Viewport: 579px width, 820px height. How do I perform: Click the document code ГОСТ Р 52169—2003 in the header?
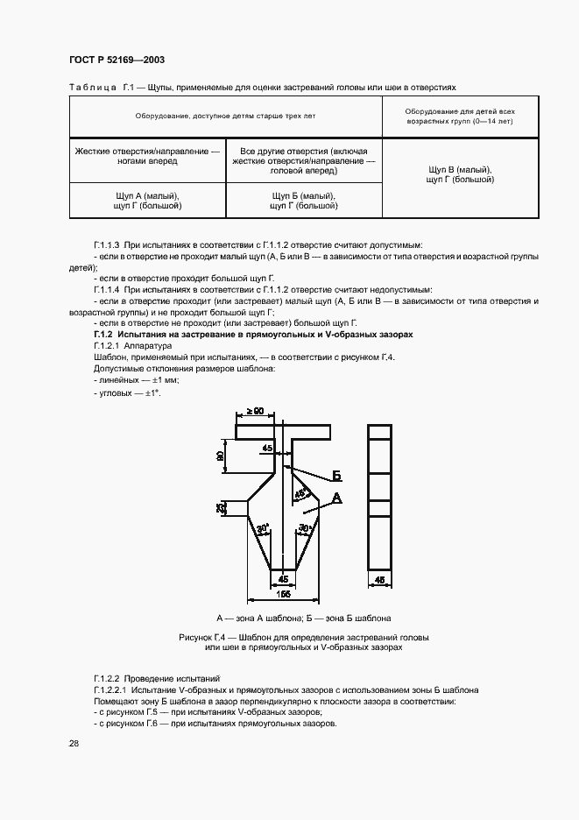(117, 60)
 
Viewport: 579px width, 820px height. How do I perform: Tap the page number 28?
(74, 743)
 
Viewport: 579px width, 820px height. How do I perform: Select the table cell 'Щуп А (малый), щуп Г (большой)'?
(147, 201)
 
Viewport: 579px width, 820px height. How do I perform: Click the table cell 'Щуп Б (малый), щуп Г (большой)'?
(304, 201)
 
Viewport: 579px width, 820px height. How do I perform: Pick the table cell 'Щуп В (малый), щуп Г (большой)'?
(460, 173)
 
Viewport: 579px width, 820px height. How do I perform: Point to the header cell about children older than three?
(226, 117)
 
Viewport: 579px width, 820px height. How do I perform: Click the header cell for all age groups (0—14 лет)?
(460, 117)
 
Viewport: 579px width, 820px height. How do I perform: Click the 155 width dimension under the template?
(282, 595)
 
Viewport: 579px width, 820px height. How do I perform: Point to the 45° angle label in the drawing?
(300, 494)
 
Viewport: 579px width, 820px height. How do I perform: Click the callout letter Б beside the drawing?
(335, 476)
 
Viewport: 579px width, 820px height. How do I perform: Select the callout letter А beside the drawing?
(335, 498)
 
